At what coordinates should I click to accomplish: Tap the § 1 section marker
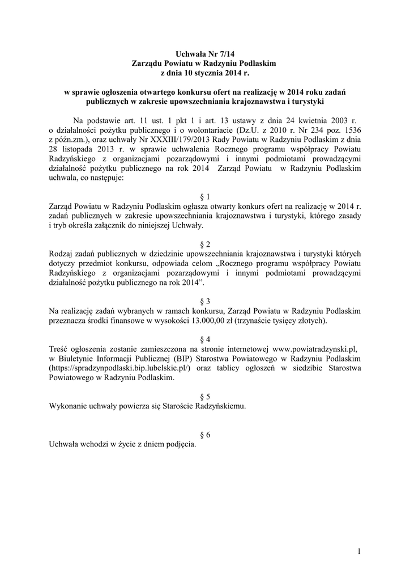coord(205,197)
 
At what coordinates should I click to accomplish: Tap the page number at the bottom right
coord(359,550)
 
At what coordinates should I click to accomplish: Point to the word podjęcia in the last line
coord(180,444)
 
